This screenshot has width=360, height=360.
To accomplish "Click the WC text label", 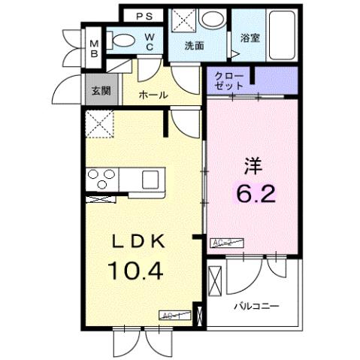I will click(151, 41).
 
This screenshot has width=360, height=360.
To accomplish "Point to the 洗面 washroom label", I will click(195, 45).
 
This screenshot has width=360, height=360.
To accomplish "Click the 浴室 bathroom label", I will click(250, 38).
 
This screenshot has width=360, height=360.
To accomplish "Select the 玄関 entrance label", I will click(100, 90).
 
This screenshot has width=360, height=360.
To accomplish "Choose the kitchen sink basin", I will click(150, 180).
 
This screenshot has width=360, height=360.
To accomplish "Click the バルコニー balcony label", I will click(256, 307).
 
